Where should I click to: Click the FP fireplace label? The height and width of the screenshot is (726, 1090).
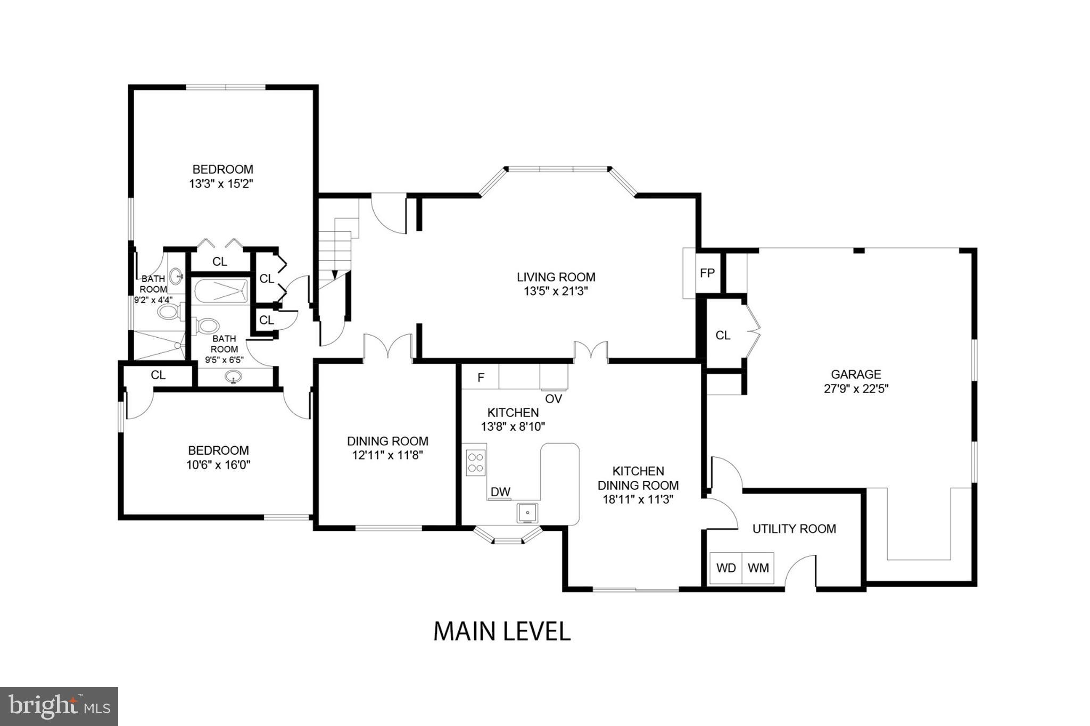(x=707, y=273)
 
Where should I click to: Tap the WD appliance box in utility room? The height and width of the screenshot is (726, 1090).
(x=726, y=568)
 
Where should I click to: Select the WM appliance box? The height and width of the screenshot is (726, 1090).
(x=758, y=568)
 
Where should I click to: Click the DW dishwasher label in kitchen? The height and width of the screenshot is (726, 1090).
(x=500, y=492)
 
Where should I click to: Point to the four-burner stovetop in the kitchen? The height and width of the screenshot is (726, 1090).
(x=476, y=462)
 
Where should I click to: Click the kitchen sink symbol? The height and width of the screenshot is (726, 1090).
(x=527, y=513)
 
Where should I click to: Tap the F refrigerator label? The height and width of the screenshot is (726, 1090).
(x=481, y=378)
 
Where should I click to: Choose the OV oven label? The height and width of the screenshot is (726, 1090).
(x=554, y=398)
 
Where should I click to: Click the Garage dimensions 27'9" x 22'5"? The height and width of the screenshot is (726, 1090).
(x=856, y=389)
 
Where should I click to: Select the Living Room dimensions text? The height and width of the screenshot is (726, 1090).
(x=556, y=291)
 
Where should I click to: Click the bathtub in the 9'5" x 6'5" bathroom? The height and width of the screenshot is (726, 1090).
(x=221, y=291)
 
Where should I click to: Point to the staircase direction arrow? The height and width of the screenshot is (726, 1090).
(x=335, y=273)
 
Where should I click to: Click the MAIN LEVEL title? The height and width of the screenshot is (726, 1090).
(x=502, y=631)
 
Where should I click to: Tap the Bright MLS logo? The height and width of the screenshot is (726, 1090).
(x=59, y=706)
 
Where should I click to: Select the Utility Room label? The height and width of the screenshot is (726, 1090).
(x=794, y=529)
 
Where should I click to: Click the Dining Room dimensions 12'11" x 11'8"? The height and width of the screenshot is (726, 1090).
(x=387, y=455)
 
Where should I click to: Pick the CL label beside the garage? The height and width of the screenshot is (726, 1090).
(x=723, y=336)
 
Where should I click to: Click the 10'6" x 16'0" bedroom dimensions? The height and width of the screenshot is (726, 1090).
(x=218, y=465)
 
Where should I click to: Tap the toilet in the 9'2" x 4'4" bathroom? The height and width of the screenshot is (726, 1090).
(x=169, y=312)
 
